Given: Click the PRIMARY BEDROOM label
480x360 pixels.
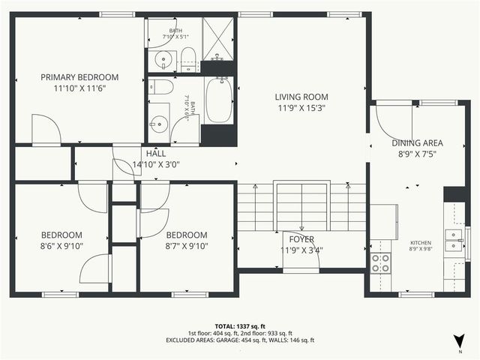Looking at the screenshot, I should click(x=79, y=77).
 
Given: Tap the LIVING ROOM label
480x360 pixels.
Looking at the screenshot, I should click(x=301, y=97).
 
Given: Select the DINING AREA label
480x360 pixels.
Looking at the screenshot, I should click(x=417, y=143).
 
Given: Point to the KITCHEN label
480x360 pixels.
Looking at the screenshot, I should click(x=420, y=243).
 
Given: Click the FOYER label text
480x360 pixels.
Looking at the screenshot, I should click(x=301, y=239).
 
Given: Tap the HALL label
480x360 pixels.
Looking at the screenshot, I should click(x=156, y=154).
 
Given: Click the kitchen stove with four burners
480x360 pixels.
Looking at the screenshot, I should click(x=381, y=262).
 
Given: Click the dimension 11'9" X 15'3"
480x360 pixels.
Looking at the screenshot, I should click(x=301, y=108).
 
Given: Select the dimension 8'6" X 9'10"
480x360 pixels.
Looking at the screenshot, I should click(x=61, y=245).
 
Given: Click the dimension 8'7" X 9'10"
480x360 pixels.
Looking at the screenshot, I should click(x=186, y=245).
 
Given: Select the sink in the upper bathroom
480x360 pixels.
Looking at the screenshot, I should click(x=161, y=61).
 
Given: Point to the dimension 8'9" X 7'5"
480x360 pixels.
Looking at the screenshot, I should click(x=417, y=154).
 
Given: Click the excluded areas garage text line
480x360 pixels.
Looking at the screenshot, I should click(x=239, y=340).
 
